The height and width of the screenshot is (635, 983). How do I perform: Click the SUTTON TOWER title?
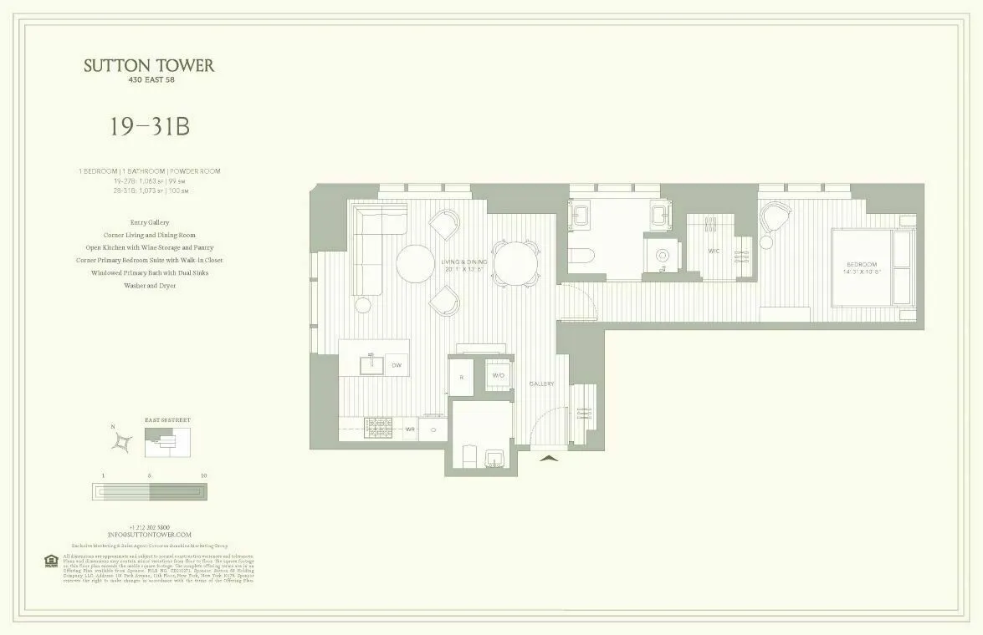tap(149, 66)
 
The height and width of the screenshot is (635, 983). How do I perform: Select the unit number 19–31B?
tap(149, 127)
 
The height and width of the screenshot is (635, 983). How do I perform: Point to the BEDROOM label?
tap(861, 267)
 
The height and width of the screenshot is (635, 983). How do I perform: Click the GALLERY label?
tap(542, 384)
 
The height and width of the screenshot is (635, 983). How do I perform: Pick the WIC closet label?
tap(714, 251)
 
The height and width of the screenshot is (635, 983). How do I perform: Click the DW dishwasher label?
tap(397, 365)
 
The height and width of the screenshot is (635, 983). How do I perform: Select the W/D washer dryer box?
tap(499, 376)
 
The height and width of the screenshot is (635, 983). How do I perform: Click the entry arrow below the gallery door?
tap(548, 457)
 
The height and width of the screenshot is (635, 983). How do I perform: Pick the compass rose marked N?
tap(123, 439)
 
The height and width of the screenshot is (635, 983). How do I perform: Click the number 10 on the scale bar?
tap(204, 475)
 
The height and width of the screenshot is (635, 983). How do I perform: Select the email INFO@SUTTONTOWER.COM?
tap(150, 534)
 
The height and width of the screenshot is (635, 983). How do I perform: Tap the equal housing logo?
tap(49, 560)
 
